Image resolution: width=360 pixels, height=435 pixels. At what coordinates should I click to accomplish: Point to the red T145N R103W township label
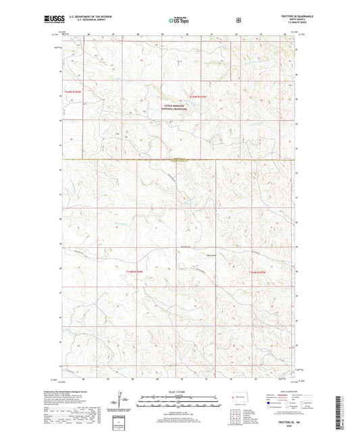point(203,97)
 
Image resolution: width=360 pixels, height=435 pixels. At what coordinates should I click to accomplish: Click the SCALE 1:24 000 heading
point(180,392)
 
